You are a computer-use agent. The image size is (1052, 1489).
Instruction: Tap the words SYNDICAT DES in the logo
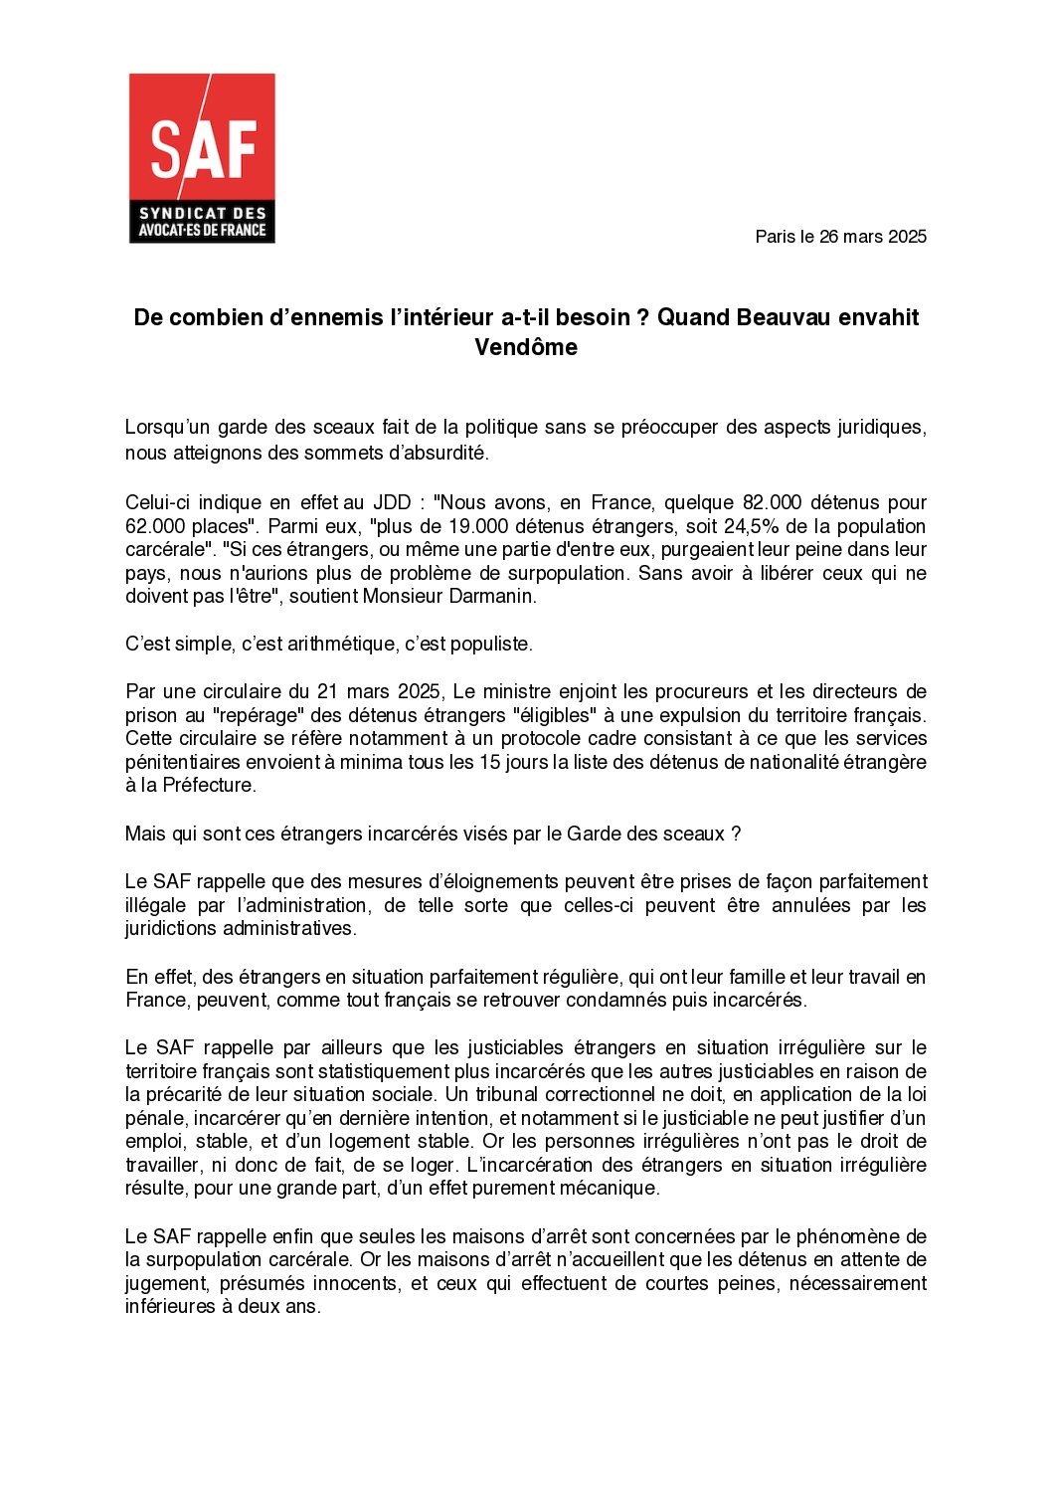click(203, 213)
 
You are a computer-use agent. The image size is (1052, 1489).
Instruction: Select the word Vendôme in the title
click(525, 347)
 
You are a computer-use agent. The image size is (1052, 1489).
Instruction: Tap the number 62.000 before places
click(157, 526)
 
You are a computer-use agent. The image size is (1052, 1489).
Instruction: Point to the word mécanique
click(615, 1189)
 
